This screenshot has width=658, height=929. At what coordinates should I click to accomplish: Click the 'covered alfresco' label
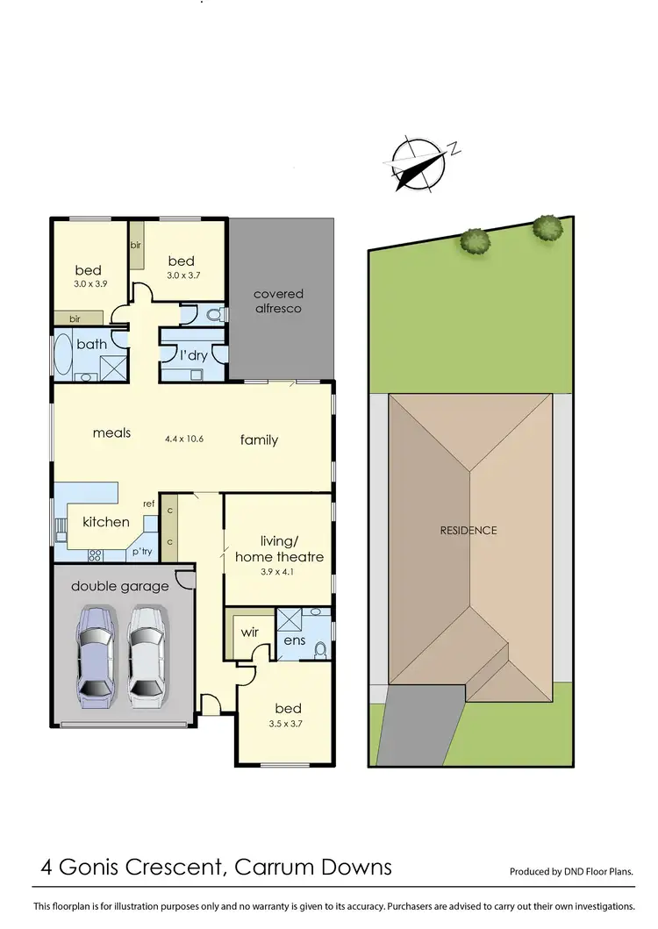(278, 301)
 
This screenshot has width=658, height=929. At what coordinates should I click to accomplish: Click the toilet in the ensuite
(320, 650)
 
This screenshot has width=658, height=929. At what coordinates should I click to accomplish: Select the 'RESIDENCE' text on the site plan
(468, 530)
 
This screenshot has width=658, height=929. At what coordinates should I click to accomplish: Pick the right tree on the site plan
(547, 227)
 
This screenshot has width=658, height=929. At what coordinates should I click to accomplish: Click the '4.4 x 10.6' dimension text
(184, 439)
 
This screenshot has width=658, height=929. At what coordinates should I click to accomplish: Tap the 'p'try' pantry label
(142, 552)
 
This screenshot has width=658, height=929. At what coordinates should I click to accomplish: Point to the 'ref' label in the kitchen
(149, 504)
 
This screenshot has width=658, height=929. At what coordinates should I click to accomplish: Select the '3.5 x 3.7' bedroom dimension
(288, 725)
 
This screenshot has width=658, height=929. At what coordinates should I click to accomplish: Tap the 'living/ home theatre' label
(280, 548)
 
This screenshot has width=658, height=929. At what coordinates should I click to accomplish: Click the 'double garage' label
(120, 586)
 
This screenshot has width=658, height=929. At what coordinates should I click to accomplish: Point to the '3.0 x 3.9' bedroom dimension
(89, 285)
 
